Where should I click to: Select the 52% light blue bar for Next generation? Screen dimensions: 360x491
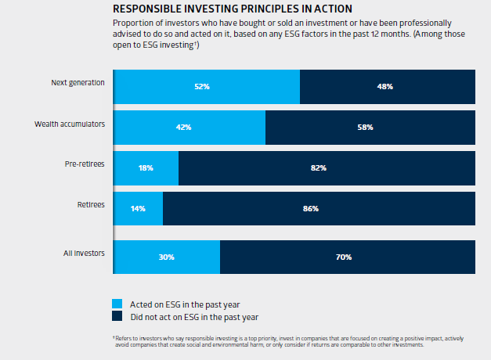pyautogui.click(x=207, y=86)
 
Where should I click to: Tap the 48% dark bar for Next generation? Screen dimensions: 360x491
pyautogui.click(x=388, y=86)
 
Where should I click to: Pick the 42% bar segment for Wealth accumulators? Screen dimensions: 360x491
pyautogui.click(x=190, y=127)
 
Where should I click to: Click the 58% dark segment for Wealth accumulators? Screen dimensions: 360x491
pyautogui.click(x=370, y=127)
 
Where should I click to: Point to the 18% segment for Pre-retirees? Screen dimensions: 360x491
pyautogui.click(x=146, y=167)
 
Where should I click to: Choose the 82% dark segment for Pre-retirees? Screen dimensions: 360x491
pyautogui.click(x=327, y=167)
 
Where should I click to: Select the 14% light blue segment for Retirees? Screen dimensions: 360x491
pyautogui.click(x=139, y=208)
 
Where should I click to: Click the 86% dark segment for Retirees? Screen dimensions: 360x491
pyautogui.click(x=319, y=208)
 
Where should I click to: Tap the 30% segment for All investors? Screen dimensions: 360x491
pyautogui.click(x=167, y=257)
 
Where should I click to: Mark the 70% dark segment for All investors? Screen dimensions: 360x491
pyautogui.click(x=348, y=257)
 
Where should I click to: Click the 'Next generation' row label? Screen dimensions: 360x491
pyautogui.click(x=78, y=82)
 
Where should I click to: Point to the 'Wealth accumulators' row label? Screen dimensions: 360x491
pyautogui.click(x=70, y=124)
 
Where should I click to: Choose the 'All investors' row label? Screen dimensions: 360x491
pyautogui.click(x=84, y=253)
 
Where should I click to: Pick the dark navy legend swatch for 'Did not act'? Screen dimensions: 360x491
pyautogui.click(x=117, y=317)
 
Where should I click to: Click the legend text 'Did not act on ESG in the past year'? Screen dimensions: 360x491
pyautogui.click(x=193, y=317)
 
